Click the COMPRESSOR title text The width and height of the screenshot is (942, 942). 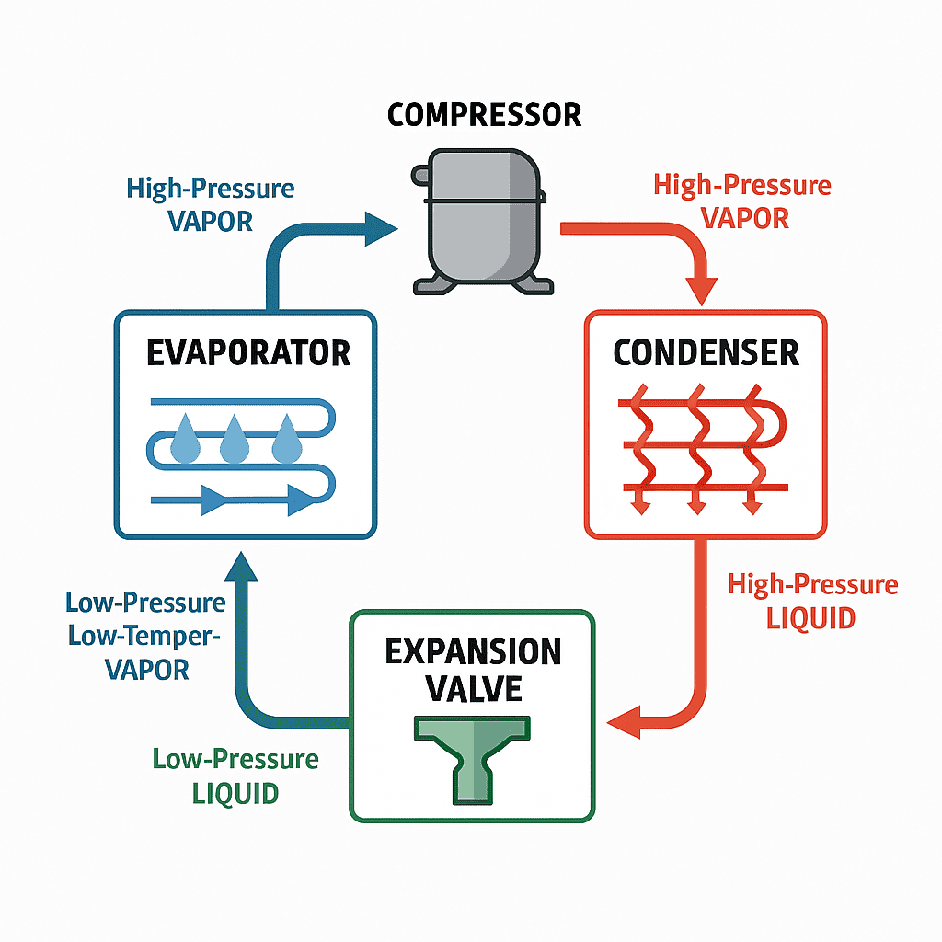484,115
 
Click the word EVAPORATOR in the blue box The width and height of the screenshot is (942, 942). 248,353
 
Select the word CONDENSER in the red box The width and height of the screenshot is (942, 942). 706,353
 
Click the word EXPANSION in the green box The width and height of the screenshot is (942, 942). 473,651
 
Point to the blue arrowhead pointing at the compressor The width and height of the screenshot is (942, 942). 379,228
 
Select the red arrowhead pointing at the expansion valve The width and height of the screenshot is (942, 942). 626,721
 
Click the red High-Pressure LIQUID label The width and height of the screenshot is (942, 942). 811,601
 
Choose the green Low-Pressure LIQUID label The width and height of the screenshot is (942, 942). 235,775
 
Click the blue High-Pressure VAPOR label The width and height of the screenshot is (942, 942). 211,204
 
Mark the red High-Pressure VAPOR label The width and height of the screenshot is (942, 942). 741,201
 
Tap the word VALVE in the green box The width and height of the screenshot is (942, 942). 473,687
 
